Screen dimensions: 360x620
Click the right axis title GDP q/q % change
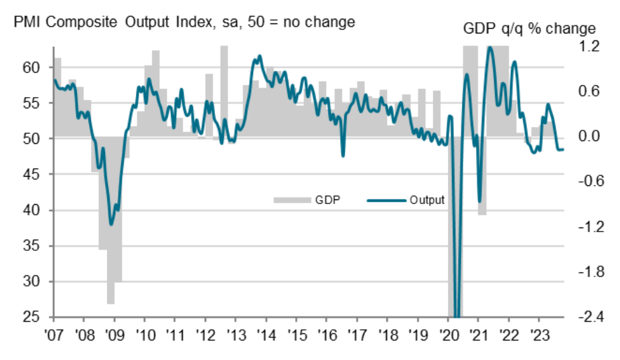click(x=529, y=29)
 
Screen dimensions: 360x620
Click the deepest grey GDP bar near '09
click(x=110, y=221)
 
